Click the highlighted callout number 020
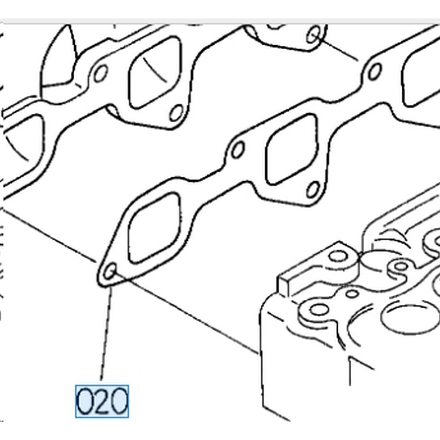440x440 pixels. [x=102, y=401]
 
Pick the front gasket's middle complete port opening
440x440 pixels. [x=292, y=149]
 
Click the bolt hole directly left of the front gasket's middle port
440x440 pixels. [x=237, y=149]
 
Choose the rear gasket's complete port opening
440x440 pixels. [x=155, y=72]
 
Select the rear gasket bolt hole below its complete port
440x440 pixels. [x=177, y=113]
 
